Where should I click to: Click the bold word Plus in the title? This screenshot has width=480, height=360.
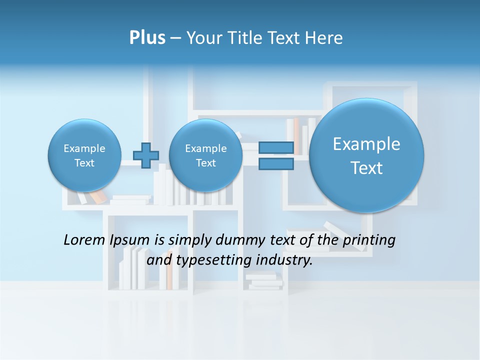tap(147, 38)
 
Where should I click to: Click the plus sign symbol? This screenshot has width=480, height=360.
tap(146, 155)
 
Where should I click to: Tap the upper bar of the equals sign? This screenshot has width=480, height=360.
tap(276, 148)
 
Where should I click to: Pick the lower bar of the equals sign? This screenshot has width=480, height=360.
tap(276, 163)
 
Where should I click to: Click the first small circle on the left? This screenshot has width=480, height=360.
tap(84, 155)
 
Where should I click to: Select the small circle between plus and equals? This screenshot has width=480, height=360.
tap(205, 155)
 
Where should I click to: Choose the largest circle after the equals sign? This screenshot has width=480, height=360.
tap(366, 155)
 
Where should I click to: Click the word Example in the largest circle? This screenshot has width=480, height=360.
tap(366, 144)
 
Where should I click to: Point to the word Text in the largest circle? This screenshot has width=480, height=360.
tap(366, 168)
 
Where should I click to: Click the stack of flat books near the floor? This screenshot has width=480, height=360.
tap(264, 280)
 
